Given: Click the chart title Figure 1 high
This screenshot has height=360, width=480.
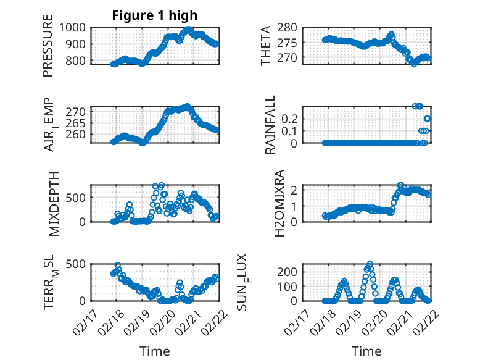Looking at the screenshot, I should (x=155, y=15).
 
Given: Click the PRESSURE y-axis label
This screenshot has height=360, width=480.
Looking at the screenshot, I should (x=48, y=50).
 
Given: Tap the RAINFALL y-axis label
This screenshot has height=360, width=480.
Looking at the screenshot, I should (x=270, y=125).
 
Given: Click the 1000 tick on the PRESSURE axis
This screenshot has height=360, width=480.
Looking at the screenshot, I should (x=75, y=28).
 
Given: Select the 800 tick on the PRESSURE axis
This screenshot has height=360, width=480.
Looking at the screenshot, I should (x=78, y=61).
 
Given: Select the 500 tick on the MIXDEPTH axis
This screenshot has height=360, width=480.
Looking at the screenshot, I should (x=78, y=197).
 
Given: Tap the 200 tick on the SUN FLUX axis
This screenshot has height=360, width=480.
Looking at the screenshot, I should (x=293, y=272).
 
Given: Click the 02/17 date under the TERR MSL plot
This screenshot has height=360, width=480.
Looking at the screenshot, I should (x=86, y=317).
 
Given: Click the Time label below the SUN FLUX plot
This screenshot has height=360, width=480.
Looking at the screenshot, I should (x=366, y=351).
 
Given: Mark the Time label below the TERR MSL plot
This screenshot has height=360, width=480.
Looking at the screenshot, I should (x=155, y=351).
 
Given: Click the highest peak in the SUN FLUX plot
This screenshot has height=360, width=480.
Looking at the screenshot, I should (x=370, y=264).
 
